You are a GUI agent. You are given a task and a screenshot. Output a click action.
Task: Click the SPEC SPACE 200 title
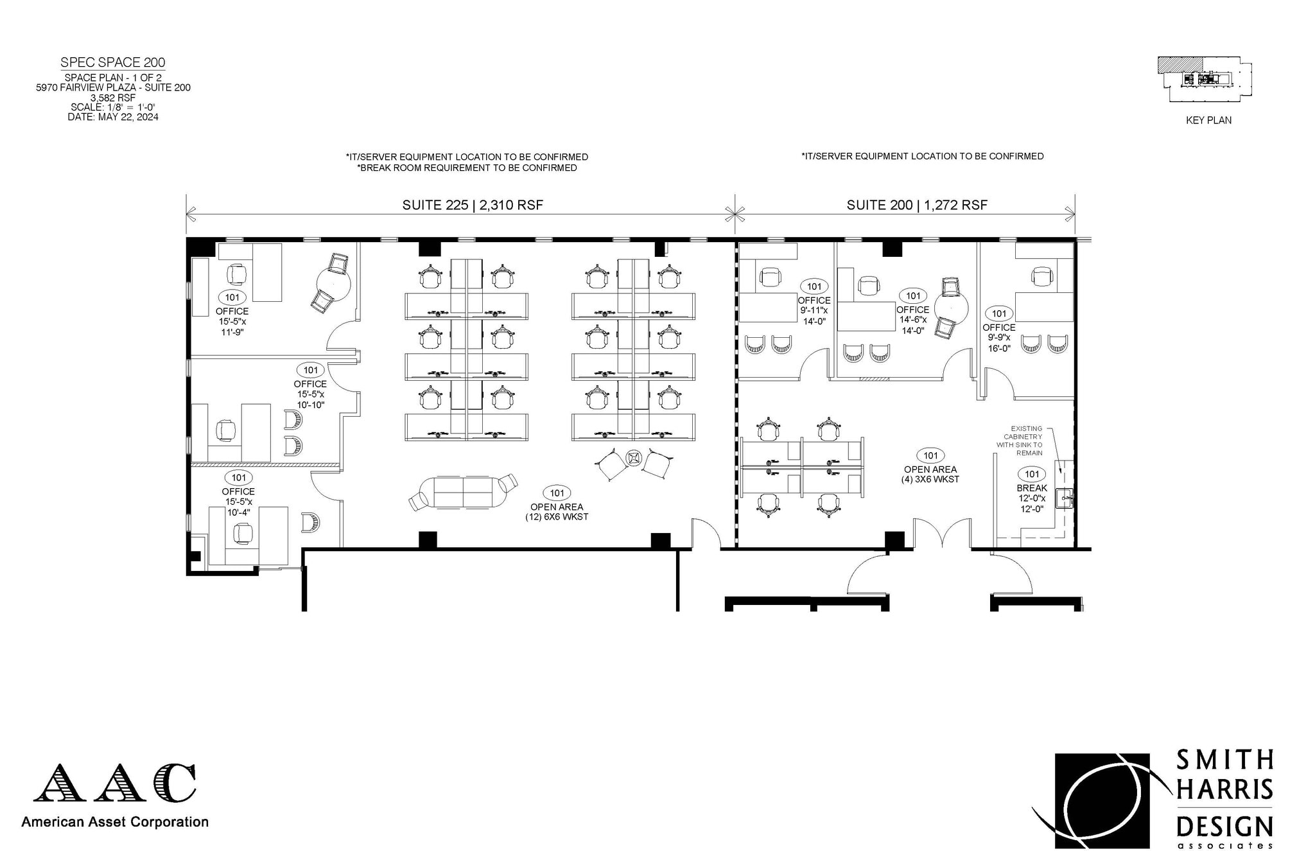tap(113, 62)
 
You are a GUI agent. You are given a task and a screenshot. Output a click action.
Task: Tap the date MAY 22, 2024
tap(113, 117)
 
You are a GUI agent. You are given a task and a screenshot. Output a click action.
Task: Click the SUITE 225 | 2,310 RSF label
tap(473, 205)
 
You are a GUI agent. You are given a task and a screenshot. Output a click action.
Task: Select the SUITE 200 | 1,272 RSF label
tap(917, 205)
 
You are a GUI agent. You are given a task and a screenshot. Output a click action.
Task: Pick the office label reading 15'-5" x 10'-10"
tap(310, 394)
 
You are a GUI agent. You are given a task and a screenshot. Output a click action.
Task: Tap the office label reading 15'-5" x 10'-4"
tap(238, 501)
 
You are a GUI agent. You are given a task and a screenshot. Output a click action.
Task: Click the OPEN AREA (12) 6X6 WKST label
tap(557, 511)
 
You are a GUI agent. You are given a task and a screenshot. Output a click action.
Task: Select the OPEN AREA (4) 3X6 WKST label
tap(930, 474)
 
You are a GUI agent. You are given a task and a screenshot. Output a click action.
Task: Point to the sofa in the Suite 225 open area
tap(463, 492)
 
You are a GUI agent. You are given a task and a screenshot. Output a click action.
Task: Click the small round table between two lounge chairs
tap(634, 457)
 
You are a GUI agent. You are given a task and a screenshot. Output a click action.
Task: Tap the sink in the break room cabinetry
tap(1064, 497)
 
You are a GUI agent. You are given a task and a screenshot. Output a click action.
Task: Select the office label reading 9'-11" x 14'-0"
tap(814, 310)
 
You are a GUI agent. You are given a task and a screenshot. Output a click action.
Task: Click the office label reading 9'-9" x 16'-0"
tap(998, 337)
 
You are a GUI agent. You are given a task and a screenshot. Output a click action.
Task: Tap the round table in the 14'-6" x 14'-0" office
tap(951, 308)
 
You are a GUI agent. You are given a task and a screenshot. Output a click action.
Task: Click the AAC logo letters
tap(115, 783)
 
